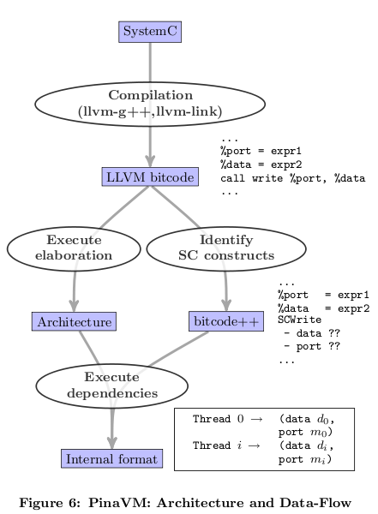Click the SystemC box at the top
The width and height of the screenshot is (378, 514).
[150, 32]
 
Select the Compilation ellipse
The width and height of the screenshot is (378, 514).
[150, 104]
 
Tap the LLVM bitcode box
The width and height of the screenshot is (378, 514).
[150, 177]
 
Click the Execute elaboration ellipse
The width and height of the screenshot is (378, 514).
[74, 248]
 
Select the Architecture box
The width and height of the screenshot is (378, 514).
[74, 321]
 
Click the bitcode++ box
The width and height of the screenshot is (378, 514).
[225, 321]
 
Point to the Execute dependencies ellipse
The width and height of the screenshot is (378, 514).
[111, 385]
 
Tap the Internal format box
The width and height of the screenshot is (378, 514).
[112, 459]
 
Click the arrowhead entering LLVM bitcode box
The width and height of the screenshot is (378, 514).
[150, 161]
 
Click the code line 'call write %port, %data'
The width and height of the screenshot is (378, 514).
[292, 179]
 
